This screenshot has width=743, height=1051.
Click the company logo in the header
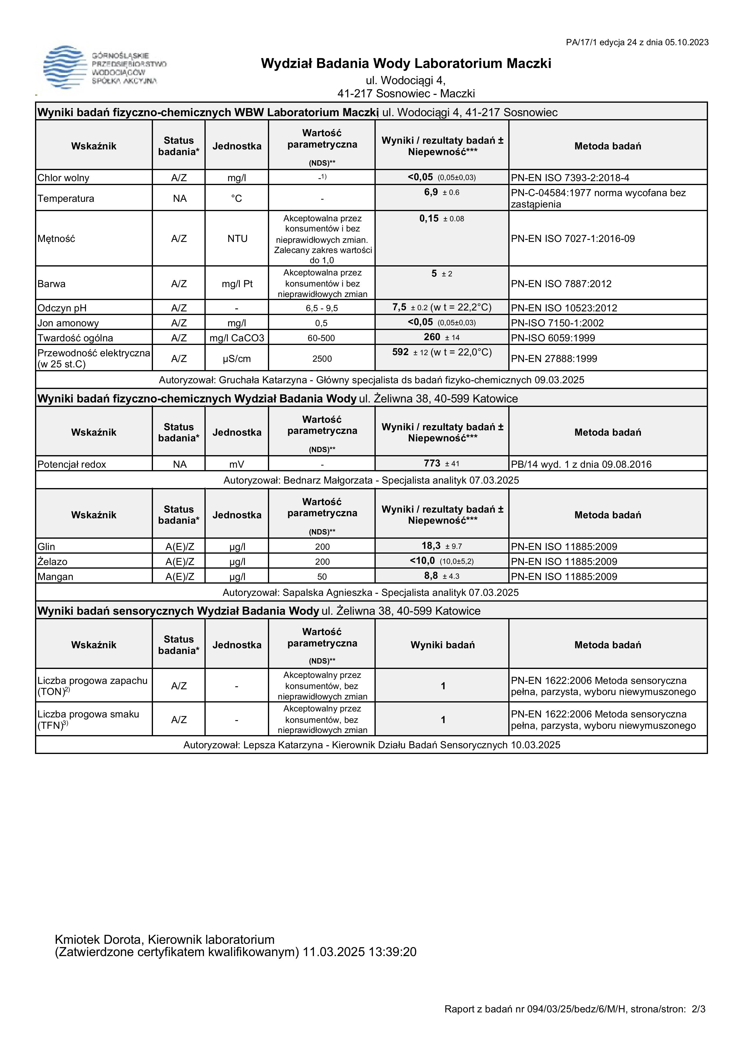[x=104, y=68]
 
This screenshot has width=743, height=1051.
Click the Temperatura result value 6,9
[x=431, y=192]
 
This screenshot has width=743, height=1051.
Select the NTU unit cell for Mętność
[x=237, y=238]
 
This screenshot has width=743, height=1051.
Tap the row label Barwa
[x=52, y=284]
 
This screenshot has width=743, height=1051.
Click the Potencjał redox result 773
[x=432, y=463]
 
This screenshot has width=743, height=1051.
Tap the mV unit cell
[x=236, y=464]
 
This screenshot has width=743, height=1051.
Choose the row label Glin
[x=46, y=546]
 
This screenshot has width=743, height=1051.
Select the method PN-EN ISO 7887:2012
[x=561, y=284]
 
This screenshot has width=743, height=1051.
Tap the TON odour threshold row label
[x=93, y=686]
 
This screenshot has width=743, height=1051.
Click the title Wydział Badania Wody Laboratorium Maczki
[x=406, y=63]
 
